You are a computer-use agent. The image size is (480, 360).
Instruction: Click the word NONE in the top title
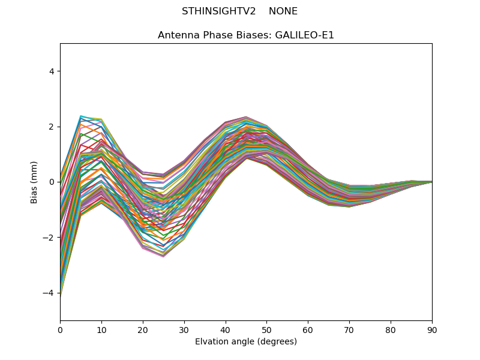(283, 11)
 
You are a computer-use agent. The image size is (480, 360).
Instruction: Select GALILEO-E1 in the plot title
(305, 35)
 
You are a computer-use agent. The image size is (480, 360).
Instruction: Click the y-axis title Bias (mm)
(35, 182)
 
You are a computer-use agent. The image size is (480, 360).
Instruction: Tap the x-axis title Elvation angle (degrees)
(246, 342)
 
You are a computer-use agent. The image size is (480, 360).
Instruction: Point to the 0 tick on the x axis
(60, 329)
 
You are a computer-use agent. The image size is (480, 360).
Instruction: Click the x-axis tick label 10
(101, 329)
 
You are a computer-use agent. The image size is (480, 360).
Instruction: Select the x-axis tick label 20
(143, 329)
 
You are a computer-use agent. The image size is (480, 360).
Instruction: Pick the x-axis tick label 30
(184, 329)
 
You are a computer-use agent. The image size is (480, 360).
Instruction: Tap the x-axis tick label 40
(226, 329)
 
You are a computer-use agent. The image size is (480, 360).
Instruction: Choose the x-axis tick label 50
(266, 329)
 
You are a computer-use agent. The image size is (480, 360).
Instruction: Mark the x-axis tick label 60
(308, 329)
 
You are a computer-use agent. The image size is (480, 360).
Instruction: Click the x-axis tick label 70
(349, 329)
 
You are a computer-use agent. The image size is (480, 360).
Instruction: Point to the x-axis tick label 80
(391, 329)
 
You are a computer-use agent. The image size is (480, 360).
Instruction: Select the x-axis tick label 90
(432, 329)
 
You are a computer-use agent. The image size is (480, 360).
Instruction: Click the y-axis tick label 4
(51, 71)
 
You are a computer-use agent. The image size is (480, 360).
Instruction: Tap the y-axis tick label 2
(51, 127)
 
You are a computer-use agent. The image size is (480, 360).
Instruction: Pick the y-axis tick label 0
(51, 182)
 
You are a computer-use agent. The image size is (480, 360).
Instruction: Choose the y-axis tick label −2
(49, 238)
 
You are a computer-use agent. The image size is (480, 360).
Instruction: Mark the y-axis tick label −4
(49, 293)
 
